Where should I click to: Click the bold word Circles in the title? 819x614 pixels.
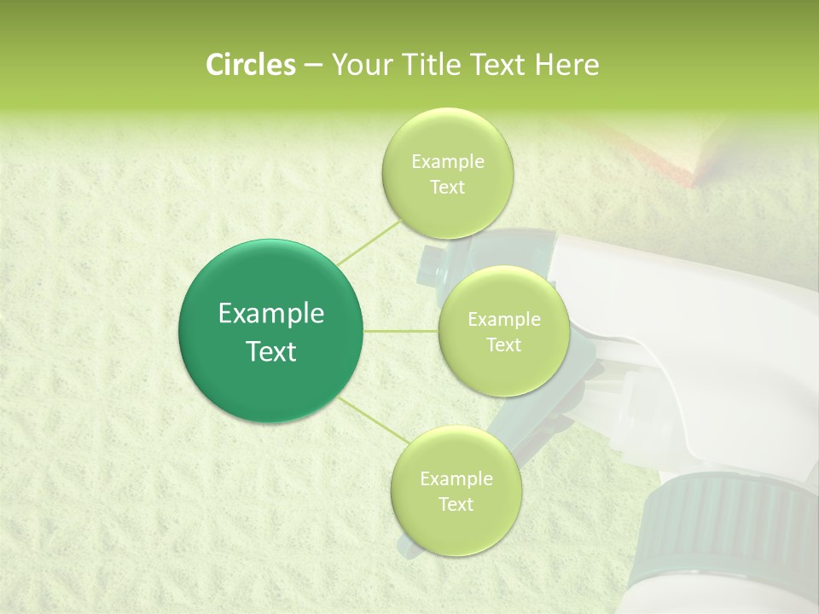coord(250,65)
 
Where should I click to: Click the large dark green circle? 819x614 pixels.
coord(270,331)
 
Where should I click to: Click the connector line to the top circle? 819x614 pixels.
coord(369,241)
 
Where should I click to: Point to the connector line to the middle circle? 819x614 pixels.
coord(401,331)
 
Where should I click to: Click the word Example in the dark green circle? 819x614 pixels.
coord(270,314)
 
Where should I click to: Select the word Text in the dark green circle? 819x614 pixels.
coord(270,351)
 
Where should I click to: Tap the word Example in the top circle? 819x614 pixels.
coord(447,161)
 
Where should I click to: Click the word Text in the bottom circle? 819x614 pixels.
coord(456,504)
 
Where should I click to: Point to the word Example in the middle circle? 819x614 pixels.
coord(503,320)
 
